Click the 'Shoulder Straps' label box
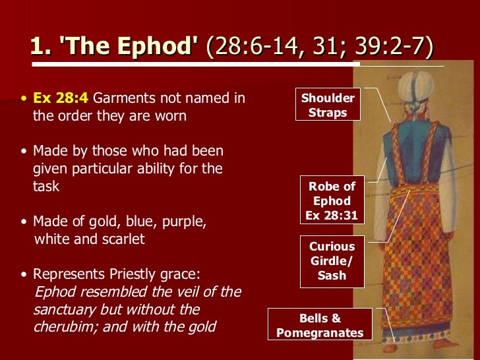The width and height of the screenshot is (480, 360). point(328,105)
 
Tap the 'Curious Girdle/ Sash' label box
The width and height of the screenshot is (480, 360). point(332,261)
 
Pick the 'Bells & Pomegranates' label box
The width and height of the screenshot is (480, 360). point(320,326)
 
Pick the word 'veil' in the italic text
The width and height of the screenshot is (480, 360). point(188,291)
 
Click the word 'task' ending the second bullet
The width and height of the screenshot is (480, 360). point(46,186)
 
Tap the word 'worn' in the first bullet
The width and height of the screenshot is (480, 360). point(171,116)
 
